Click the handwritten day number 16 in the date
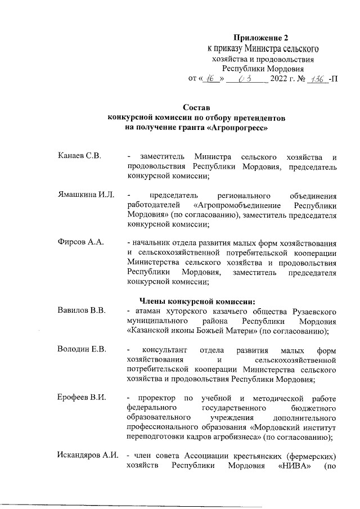pyautogui.click(x=211, y=79)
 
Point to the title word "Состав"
pyautogui.click(x=197, y=108)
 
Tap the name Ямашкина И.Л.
pyautogui.click(x=86, y=195)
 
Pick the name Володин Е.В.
pyautogui.click(x=82, y=348)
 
